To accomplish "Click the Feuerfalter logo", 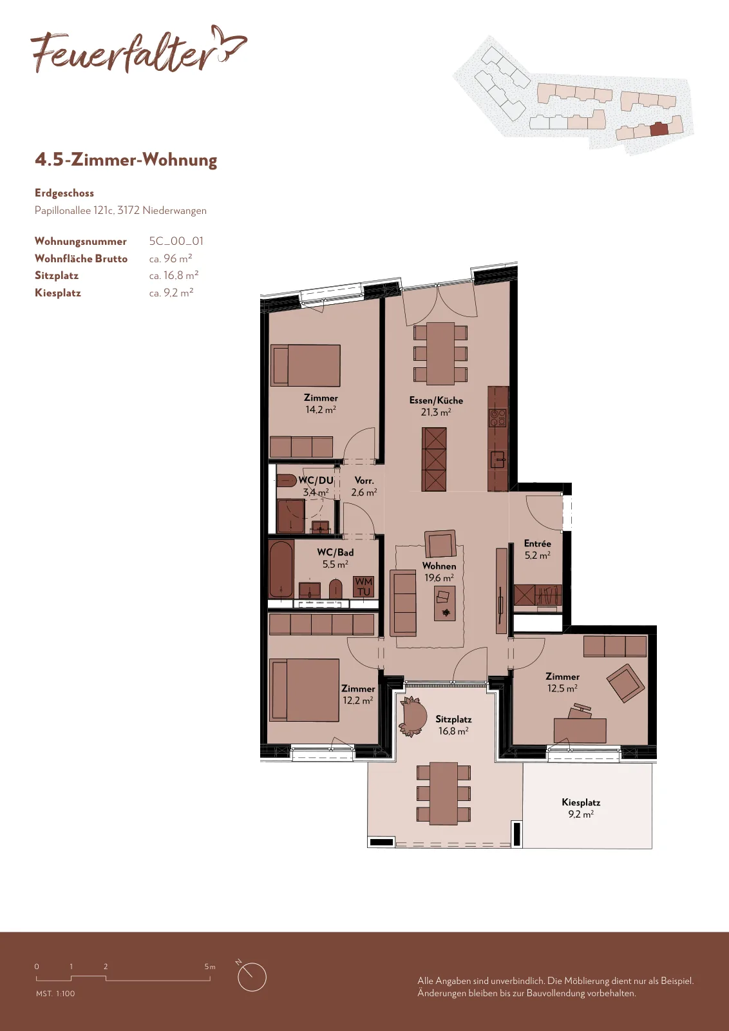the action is pos(138,50).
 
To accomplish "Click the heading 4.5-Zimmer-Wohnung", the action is pos(126,160).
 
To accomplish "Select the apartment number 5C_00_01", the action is pos(176,241).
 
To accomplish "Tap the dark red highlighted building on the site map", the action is pos(659,129).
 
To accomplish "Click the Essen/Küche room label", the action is pos(436,400).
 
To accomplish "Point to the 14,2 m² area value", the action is pos(321,410).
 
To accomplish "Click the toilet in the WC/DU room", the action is pos(287,480).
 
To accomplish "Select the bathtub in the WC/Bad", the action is pos(281,570).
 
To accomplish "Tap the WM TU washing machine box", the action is pos(363,587).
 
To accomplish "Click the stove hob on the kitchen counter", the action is pos(497,418).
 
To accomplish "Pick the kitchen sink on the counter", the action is pos(498,459).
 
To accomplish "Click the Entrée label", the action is pos(537,544).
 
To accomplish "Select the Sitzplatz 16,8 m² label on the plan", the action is pos(453,725).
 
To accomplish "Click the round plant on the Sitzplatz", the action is pos(412,717).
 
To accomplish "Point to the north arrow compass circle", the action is pos(252,977).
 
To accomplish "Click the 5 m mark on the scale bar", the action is pos(210,967).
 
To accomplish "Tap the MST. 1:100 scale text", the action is pos(55,994).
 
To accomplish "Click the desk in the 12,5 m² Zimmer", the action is pos(580,731).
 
